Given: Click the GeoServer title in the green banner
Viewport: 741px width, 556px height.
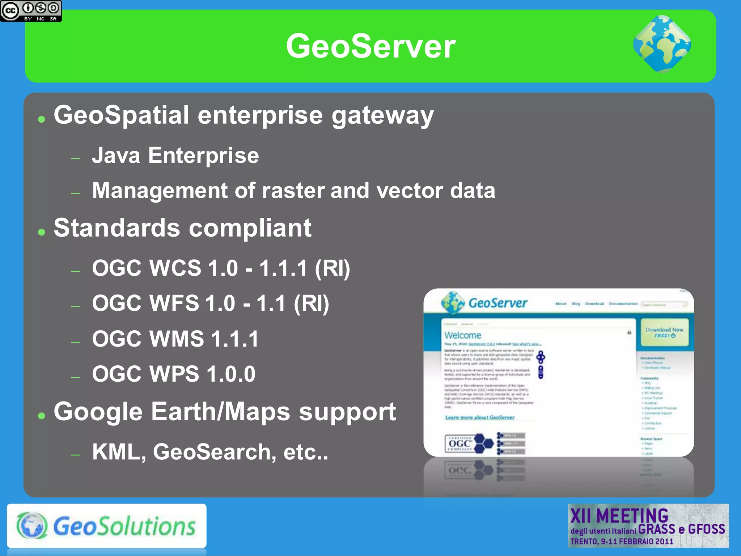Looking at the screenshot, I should point(370,46).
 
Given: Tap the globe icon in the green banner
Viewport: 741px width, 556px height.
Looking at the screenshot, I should point(662,44).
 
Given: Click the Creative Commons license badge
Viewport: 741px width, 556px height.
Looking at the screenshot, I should point(31,11).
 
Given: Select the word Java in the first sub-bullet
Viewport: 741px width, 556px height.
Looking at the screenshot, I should point(116,156).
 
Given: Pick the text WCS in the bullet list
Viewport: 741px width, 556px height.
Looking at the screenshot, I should point(175,268).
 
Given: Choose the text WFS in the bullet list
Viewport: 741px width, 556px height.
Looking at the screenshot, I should point(174,303).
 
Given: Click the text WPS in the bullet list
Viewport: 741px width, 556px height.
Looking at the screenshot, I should point(174,374).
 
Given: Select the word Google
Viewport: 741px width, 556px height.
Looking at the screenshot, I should point(98,412).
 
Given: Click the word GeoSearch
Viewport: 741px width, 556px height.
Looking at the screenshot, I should point(212,452).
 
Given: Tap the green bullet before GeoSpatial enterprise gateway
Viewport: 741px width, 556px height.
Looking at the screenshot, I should point(42,119).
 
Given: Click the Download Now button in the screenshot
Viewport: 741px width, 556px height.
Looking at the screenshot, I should point(664,332).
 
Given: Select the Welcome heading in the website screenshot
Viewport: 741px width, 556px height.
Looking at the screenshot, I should point(463,335).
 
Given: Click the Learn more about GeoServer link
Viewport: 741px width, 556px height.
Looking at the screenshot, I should point(479,417).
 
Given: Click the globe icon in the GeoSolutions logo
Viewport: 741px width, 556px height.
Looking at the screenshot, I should point(32,526).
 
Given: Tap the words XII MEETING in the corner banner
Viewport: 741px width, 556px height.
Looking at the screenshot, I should point(619,515).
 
